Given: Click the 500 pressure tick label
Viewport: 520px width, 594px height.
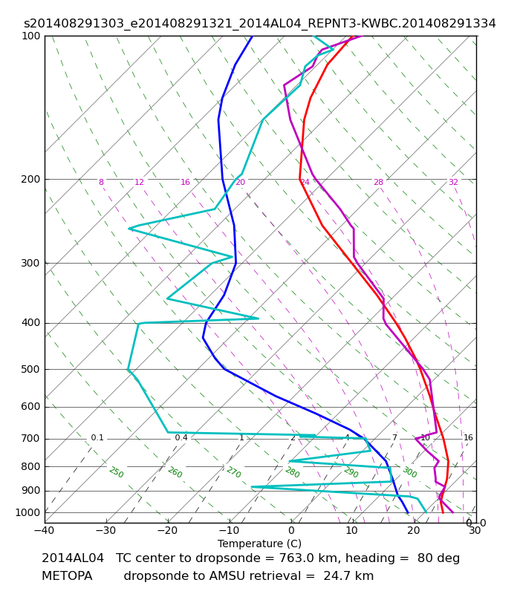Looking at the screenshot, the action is point(30,369).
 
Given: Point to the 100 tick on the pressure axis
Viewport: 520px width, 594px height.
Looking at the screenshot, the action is point(30,36).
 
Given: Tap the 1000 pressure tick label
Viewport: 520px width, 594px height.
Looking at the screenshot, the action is point(27,512).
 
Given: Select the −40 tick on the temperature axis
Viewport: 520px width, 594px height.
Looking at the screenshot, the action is point(45,530).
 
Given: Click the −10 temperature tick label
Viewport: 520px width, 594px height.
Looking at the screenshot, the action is point(230,530).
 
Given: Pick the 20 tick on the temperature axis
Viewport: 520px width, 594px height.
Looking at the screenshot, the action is point(414,530).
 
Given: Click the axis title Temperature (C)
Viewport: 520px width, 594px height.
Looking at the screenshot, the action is point(259,544).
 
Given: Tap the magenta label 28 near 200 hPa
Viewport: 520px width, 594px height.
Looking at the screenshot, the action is point(379,182).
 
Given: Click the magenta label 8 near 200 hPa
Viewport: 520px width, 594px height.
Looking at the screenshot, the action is point(101,182).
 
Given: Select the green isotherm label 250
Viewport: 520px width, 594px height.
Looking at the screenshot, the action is point(117,472).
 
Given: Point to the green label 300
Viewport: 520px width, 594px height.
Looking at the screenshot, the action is point(410,472).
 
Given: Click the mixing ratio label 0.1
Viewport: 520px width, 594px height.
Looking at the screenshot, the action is point(97,437).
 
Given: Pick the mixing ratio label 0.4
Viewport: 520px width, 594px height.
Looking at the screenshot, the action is point(181,437).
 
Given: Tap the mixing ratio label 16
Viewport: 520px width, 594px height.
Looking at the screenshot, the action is point(469,437).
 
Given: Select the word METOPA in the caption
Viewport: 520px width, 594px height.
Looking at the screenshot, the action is point(67,576).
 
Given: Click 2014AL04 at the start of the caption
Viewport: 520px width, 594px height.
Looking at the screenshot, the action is point(73,558).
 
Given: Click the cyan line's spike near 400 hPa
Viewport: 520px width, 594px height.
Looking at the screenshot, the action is point(259,319).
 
